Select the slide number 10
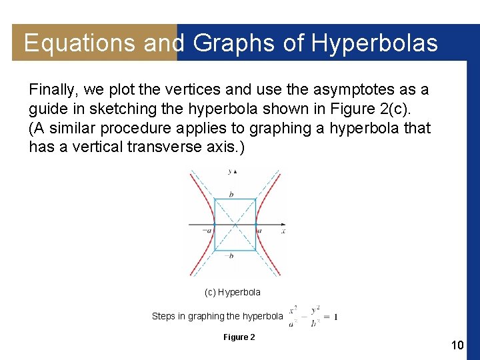click(457, 345)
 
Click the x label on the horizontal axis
click(283, 231)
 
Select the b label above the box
click(231, 193)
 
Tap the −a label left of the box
click(207, 230)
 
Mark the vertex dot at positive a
click(256, 223)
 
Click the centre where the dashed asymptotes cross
click(235, 223)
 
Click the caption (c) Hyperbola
click(233, 292)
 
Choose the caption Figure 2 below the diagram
click(239, 337)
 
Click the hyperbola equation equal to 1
click(313, 315)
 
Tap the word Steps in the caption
click(163, 316)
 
